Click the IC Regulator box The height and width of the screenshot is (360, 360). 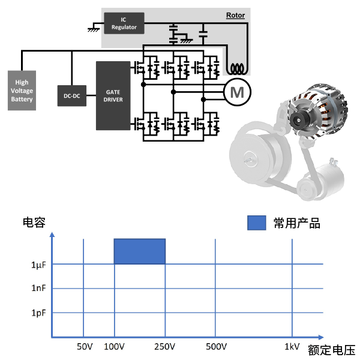click(124, 23)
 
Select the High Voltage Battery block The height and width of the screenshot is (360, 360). click(22, 91)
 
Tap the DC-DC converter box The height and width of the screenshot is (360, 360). click(72, 95)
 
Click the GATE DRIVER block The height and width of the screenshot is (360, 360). click(113, 95)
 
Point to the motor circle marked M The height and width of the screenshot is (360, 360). click(238, 92)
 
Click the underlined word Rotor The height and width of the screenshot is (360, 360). click(235, 15)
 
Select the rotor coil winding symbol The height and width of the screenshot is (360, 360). click(238, 68)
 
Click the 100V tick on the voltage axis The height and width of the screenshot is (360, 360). click(114, 347)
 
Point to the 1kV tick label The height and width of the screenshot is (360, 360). click(292, 347)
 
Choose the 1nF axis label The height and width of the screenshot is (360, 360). click(39, 289)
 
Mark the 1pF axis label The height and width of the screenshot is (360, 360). click(39, 313)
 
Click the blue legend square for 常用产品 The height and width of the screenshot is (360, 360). click(256, 223)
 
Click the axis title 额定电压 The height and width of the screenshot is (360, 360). click(331, 350)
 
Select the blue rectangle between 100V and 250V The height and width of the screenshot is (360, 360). click(139, 251)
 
